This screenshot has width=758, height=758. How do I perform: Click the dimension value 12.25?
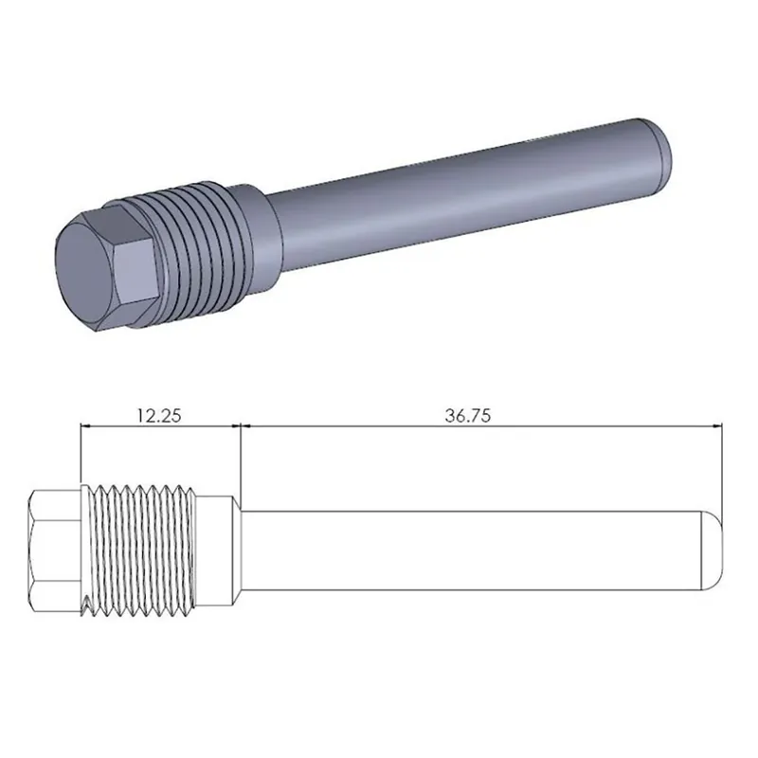(x=158, y=414)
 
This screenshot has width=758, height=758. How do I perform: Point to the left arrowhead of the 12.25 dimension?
(x=87, y=427)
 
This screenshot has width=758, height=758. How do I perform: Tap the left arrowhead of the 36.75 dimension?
(x=248, y=427)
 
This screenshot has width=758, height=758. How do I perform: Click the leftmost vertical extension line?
(x=81, y=455)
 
